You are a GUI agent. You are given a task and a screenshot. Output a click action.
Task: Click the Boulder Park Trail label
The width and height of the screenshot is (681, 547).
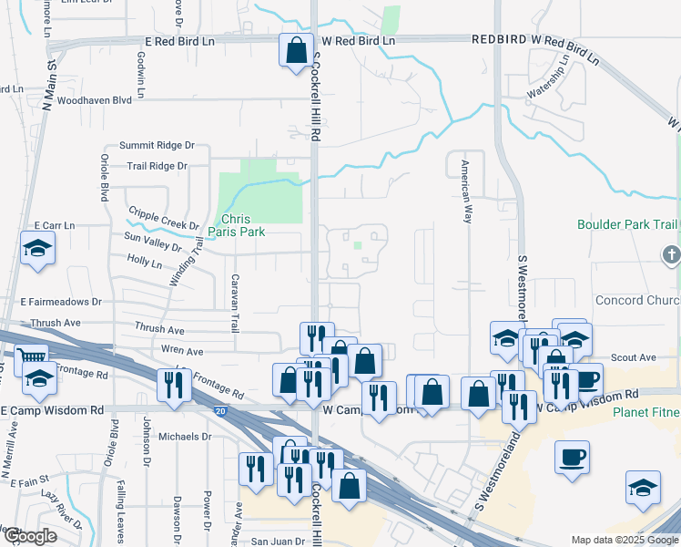(x=627, y=224)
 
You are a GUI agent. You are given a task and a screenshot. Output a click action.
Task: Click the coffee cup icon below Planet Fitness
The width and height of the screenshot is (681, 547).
(x=572, y=458)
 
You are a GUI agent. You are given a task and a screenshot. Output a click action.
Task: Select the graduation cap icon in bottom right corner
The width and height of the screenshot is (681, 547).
(x=643, y=488)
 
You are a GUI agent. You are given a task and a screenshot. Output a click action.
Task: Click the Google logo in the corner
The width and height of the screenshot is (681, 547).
(x=31, y=536)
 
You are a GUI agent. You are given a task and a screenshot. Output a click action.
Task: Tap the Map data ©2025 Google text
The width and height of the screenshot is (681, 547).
(x=624, y=540)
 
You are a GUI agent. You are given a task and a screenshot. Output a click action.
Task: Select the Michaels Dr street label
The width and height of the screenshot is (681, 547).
(x=185, y=437)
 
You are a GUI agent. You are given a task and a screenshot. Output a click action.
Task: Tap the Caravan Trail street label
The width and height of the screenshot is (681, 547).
(x=235, y=302)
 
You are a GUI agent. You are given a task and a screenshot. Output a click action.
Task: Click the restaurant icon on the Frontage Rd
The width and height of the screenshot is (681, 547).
(x=171, y=385)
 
